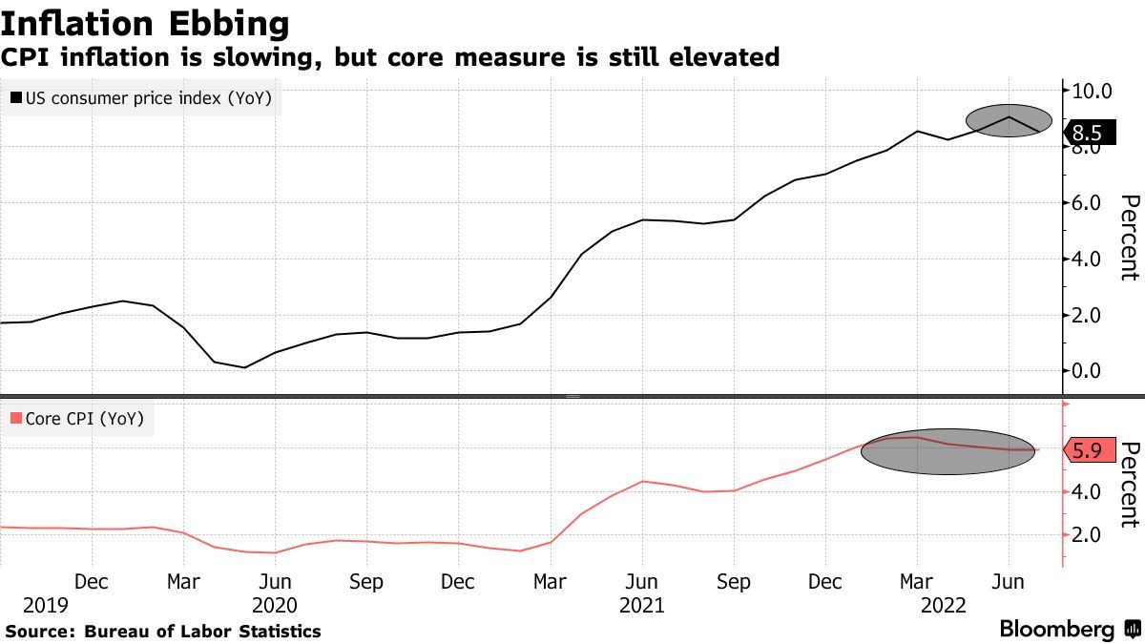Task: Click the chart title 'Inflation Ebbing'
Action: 145,22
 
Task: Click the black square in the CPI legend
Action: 16,96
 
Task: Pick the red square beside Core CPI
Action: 16,418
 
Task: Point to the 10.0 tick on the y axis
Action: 1093,92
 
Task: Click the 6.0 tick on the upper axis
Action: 1093,203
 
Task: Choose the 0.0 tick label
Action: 1093,371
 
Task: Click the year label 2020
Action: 275,605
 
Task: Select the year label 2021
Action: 641,605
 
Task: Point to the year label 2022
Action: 944,605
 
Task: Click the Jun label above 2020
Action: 275,581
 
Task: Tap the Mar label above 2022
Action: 917,581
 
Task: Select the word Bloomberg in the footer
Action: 1056,630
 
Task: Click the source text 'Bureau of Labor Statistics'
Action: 202,631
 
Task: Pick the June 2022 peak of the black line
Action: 1009,117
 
